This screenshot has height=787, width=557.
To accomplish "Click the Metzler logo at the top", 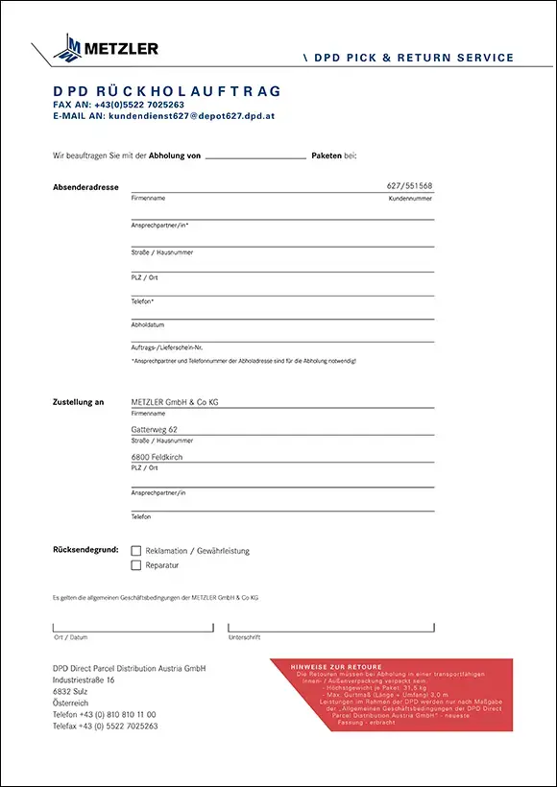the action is [x=107, y=47].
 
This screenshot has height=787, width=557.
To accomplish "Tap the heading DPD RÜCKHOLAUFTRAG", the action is [x=167, y=91].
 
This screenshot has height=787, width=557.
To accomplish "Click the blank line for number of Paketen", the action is [x=255, y=155].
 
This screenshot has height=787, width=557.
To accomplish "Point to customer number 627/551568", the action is [x=409, y=185].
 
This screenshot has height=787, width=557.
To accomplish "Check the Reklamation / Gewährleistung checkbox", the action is [x=136, y=551].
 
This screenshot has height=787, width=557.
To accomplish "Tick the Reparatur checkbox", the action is [x=136, y=565].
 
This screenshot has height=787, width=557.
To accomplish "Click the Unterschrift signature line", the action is [x=330, y=628].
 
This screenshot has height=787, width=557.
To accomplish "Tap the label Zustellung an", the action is [x=79, y=402].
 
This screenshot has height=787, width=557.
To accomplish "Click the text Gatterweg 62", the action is [x=155, y=430].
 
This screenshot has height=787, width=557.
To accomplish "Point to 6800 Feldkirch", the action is [x=157, y=457].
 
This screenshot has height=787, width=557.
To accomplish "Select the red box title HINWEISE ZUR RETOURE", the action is [x=336, y=667].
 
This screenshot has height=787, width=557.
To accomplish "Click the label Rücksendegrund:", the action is [x=86, y=550].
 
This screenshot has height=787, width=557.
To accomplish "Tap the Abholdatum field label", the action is [x=148, y=324].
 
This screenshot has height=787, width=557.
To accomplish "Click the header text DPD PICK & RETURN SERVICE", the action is [x=414, y=59].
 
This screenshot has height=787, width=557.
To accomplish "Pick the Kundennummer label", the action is [x=410, y=199].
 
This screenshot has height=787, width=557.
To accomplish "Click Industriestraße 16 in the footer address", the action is [x=84, y=680].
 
